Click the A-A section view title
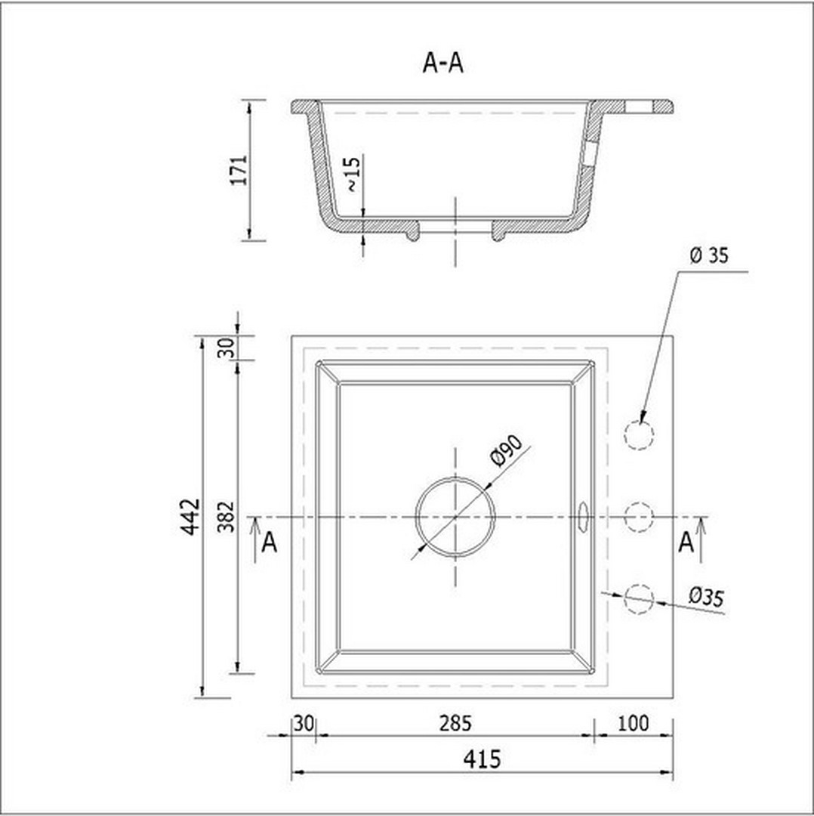pyautogui.click(x=442, y=63)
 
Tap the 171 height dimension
pyautogui.click(x=239, y=170)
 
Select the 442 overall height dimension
pyautogui.click(x=190, y=517)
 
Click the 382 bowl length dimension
pyautogui.click(x=227, y=517)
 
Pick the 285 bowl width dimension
pyautogui.click(x=455, y=723)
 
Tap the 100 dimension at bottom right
pyautogui.click(x=633, y=723)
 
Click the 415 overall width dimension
pyautogui.click(x=483, y=759)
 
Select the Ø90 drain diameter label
pyautogui.click(x=506, y=450)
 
